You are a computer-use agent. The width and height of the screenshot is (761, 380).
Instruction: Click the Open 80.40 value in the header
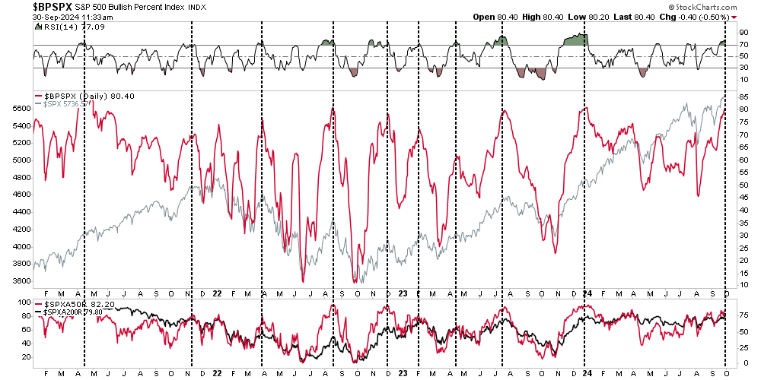click(497, 17)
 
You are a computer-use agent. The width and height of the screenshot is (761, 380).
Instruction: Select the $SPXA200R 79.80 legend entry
click(76, 311)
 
